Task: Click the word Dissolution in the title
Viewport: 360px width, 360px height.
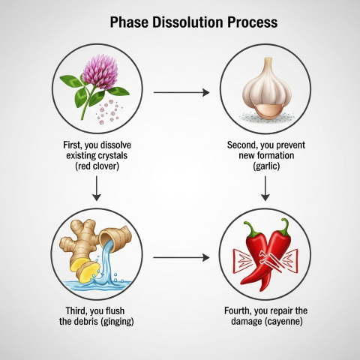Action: click(187, 22)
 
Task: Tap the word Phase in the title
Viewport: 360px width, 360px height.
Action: click(129, 22)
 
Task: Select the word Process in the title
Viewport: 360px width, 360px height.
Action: click(253, 22)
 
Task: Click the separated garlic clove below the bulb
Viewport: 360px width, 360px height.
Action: click(268, 111)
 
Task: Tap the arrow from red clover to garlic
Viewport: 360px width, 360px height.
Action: click(181, 92)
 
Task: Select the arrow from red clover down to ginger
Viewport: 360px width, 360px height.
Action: click(97, 188)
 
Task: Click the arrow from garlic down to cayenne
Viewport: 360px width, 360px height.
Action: click(265, 188)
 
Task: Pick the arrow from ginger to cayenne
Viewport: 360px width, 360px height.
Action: click(181, 257)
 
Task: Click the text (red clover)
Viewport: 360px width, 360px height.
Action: click(97, 166)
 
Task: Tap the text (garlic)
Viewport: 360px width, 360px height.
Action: click(266, 166)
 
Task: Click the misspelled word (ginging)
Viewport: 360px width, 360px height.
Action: click(117, 322)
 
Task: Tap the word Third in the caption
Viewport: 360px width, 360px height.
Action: click(76, 311)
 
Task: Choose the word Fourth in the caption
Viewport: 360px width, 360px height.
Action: click(238, 310)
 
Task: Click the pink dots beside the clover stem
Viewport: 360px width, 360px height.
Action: click(109, 112)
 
